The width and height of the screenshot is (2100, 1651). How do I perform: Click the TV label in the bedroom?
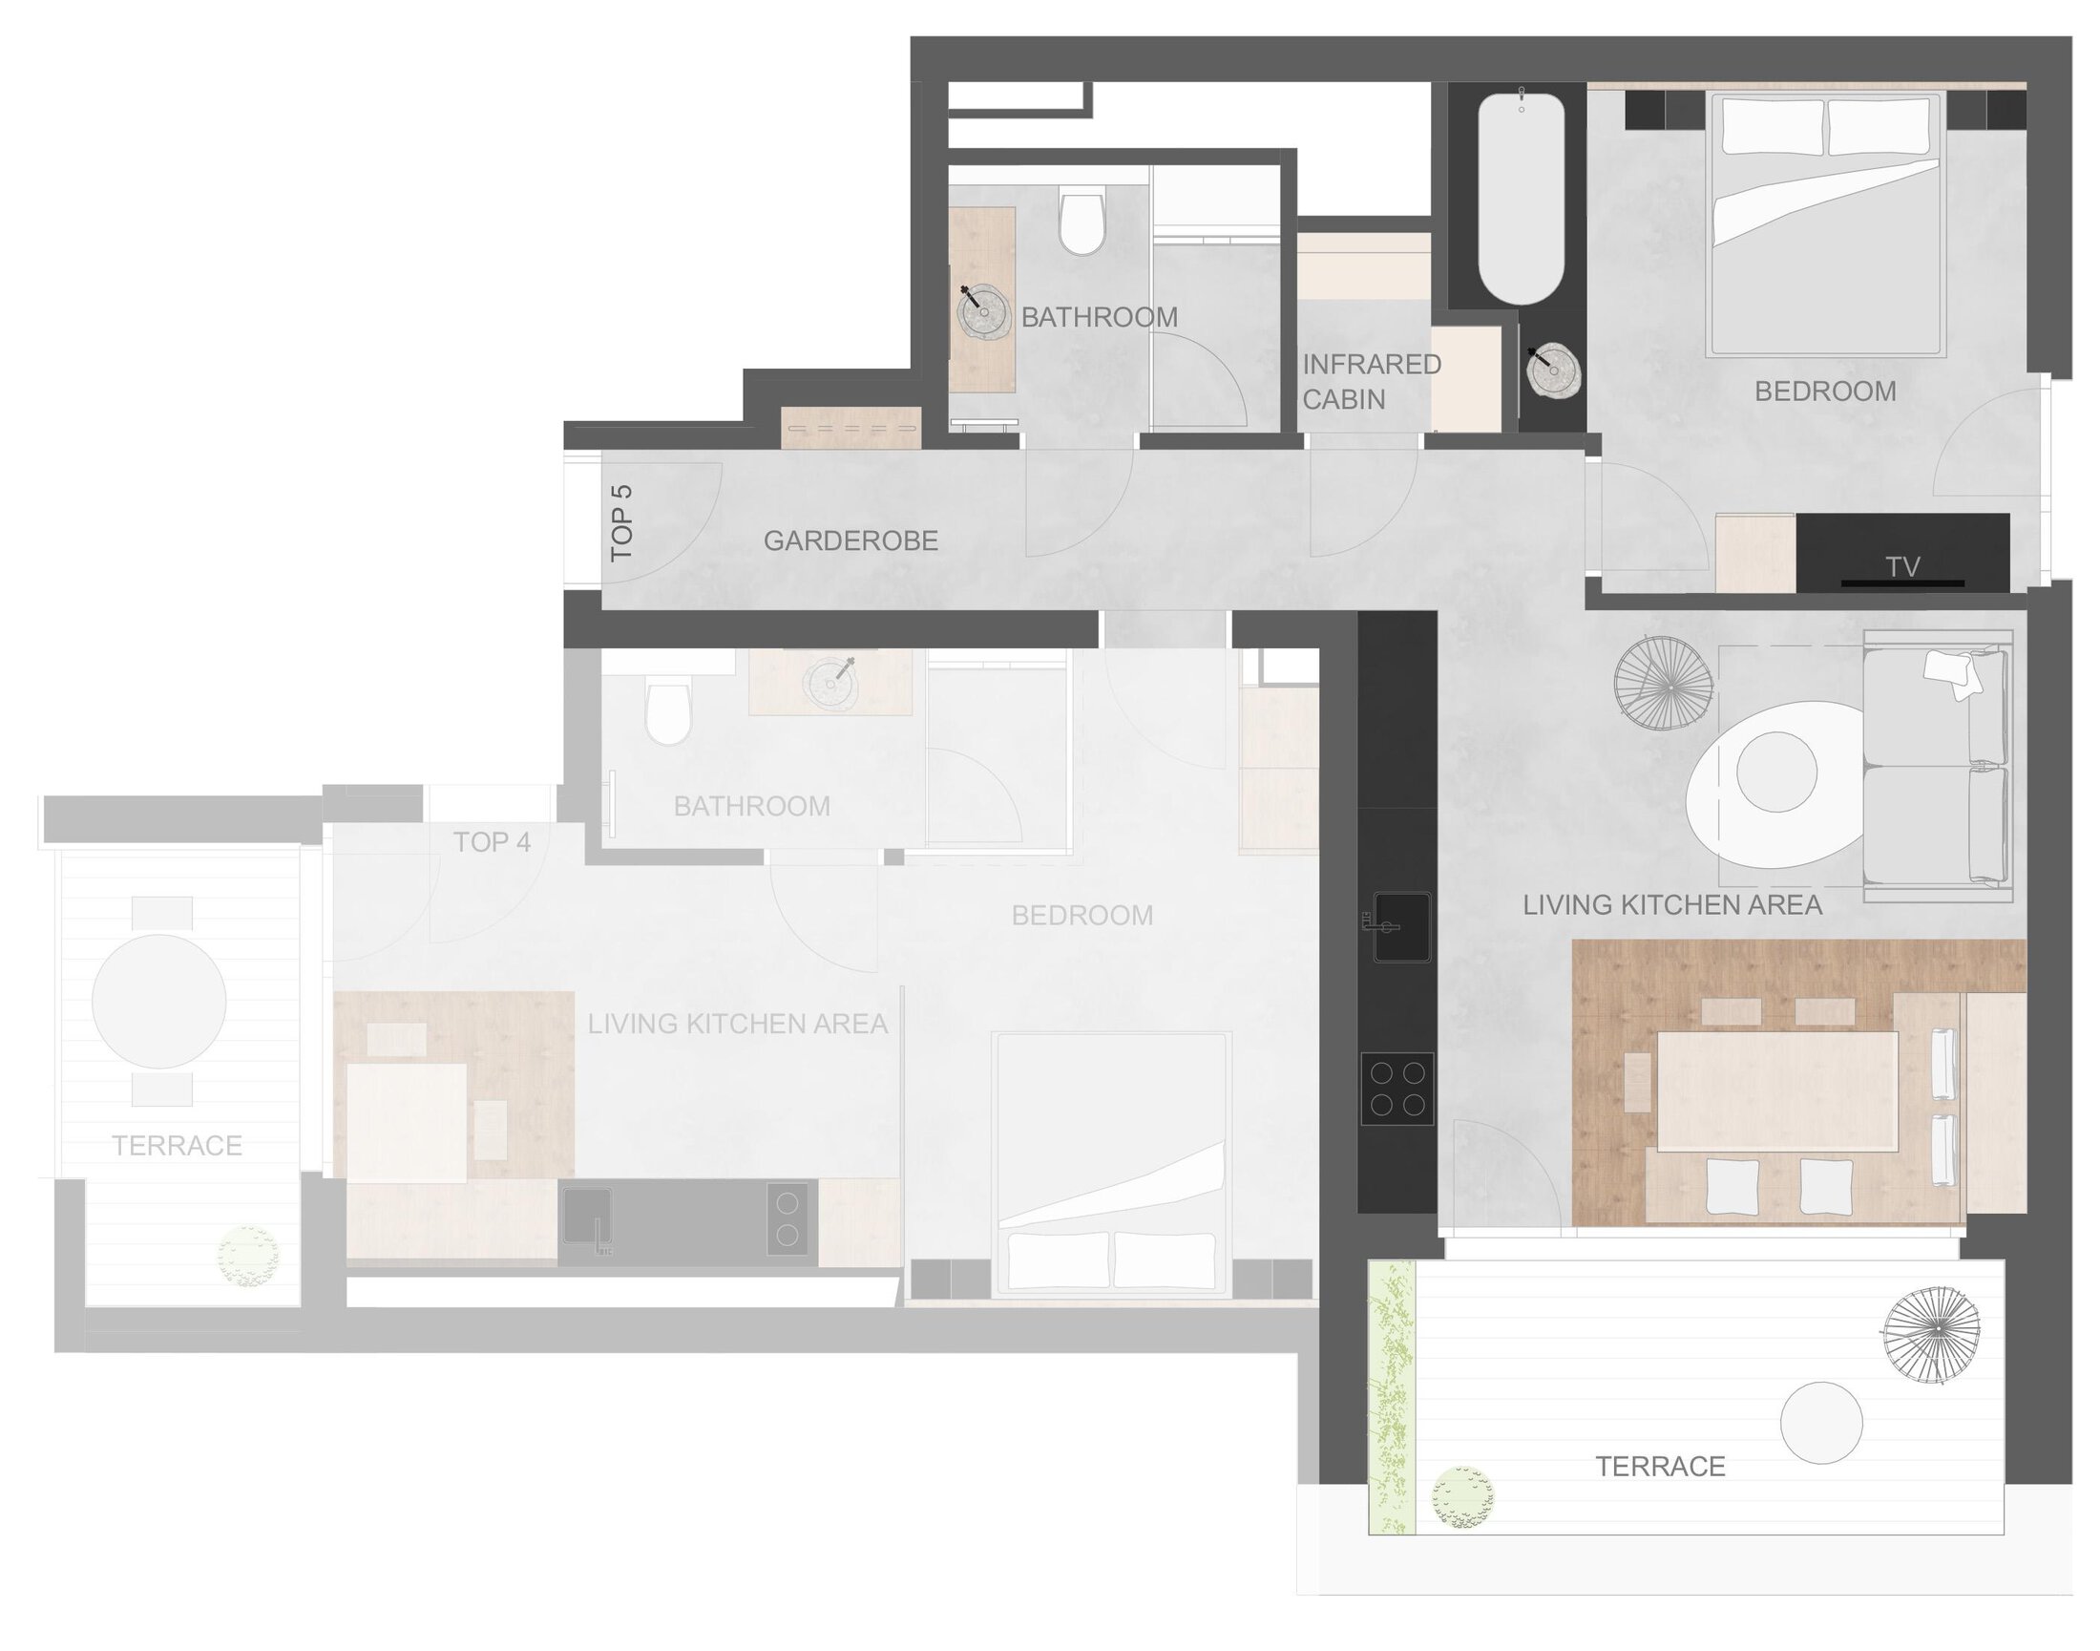[1901, 566]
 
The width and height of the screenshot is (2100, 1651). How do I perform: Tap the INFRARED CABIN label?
[1372, 382]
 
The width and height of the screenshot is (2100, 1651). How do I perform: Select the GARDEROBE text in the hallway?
[850, 540]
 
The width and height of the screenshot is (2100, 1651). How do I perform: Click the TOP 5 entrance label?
[621, 523]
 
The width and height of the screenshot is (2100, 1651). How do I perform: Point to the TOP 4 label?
[492, 842]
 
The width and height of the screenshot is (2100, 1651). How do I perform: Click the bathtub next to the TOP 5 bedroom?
[1521, 199]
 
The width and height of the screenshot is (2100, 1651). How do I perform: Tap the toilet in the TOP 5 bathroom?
[1081, 220]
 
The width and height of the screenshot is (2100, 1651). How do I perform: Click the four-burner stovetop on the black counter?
[1396, 1089]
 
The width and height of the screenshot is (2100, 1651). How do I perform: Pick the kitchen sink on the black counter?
[1401, 927]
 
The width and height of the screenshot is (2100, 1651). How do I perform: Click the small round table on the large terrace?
[1820, 1423]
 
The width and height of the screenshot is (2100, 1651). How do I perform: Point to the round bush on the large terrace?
[1462, 1497]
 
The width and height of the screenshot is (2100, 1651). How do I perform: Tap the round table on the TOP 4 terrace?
[159, 1001]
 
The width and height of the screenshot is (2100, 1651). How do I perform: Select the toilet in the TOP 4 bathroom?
[668, 713]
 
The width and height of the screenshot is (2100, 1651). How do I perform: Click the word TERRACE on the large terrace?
[1659, 1467]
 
